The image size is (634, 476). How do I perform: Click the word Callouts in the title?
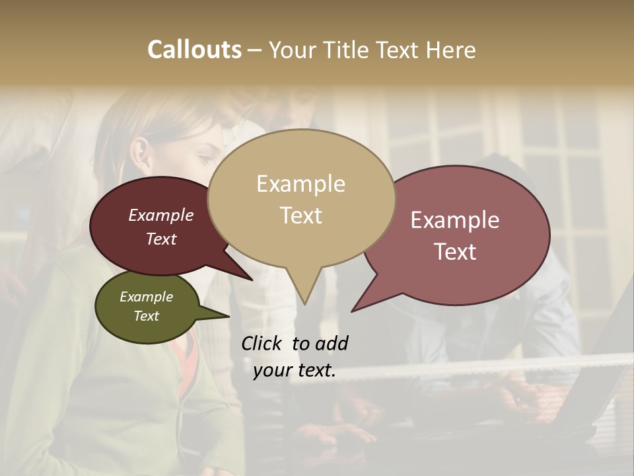pos(194,50)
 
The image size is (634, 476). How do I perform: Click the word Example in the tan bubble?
pos(300,184)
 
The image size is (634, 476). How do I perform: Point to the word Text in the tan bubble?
pos(300,216)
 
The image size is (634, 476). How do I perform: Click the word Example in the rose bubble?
pos(455,220)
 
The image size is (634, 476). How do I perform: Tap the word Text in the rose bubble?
pos(455,252)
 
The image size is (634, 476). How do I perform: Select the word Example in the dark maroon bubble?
pos(161,216)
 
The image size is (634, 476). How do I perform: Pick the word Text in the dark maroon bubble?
pos(161,239)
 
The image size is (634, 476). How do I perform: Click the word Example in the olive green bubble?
pos(146,297)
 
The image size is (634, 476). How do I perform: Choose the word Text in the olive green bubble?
pos(146,316)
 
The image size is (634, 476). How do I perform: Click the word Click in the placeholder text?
pos(262,343)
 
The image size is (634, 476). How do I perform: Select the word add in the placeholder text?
pos(331,343)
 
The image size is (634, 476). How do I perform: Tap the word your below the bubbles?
pos(271,371)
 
